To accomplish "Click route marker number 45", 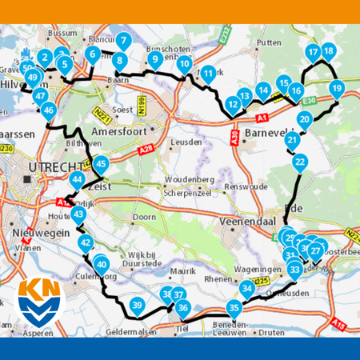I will click(x=100, y=163).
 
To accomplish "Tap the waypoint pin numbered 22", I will click(x=299, y=162).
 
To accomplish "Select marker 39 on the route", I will click(x=137, y=304).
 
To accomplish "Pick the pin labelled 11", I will click(x=208, y=74).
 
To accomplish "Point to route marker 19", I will click(x=337, y=88).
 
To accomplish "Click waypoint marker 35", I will click(x=233, y=306).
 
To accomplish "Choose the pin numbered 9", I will click(x=155, y=58).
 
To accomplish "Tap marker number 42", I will click(x=86, y=242).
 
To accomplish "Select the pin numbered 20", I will click(x=304, y=119).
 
